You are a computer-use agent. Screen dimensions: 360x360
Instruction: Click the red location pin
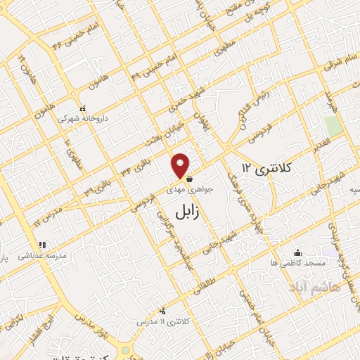tap(181, 165)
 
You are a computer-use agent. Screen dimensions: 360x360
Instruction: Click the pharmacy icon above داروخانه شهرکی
tap(83, 109)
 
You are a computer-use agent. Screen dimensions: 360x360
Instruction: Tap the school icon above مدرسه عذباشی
tap(43, 245)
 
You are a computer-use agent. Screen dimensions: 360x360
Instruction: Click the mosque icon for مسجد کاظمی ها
tap(299, 252)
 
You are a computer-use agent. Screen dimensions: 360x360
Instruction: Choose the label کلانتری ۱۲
tap(268, 168)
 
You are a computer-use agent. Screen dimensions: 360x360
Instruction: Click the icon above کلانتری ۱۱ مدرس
tap(164, 310)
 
